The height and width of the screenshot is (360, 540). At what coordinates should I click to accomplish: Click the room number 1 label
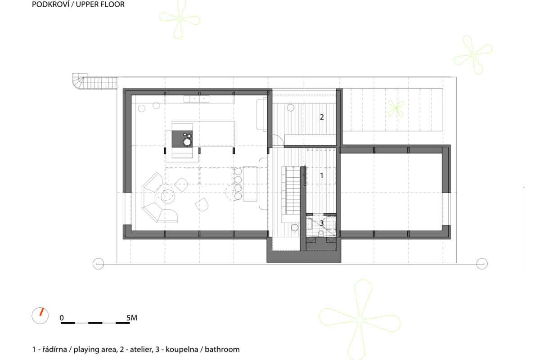click(x=322, y=175)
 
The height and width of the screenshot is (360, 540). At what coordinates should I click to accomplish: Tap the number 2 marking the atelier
click(x=322, y=117)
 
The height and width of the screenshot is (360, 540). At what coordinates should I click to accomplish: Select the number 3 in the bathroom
click(x=322, y=223)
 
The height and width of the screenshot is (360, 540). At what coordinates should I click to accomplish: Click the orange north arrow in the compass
click(x=42, y=312)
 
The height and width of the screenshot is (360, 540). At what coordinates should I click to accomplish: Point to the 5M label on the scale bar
click(x=132, y=318)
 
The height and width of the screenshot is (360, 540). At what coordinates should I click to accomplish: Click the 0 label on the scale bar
click(x=62, y=318)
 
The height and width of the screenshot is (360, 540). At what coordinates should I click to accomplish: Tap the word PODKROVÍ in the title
click(x=50, y=4)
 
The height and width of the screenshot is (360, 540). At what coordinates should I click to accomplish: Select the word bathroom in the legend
click(x=222, y=349)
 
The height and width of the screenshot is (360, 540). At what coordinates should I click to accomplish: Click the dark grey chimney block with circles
click(x=182, y=139)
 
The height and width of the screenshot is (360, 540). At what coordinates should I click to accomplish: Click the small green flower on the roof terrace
click(x=396, y=108)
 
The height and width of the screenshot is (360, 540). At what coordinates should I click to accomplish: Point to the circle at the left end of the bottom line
click(x=99, y=264)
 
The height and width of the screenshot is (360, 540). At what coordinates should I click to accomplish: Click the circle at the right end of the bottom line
click(x=482, y=264)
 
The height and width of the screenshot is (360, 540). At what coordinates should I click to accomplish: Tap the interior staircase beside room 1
click(x=292, y=190)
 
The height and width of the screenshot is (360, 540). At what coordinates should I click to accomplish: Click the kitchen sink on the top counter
click(x=196, y=99)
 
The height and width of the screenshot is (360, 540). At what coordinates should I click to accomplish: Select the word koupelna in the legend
click(x=182, y=349)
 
